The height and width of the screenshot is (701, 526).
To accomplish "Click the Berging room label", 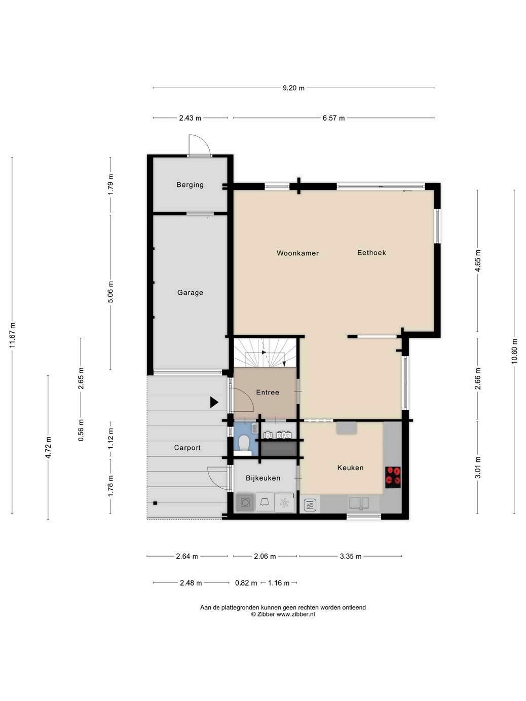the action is click(x=190, y=184).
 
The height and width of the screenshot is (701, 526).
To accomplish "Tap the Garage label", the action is click(x=190, y=293).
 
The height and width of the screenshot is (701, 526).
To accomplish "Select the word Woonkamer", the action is click(x=297, y=253).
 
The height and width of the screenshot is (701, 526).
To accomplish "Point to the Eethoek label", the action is click(x=371, y=253).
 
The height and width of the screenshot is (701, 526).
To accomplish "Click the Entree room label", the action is click(x=268, y=392).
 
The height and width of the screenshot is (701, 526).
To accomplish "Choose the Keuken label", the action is click(x=350, y=468).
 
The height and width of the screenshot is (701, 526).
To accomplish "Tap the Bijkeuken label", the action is click(x=263, y=478).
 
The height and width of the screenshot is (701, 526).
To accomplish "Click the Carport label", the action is click(x=187, y=448).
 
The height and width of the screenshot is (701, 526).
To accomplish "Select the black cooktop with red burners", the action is click(x=393, y=477).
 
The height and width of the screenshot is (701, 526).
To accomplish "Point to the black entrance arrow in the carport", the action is click(x=214, y=402).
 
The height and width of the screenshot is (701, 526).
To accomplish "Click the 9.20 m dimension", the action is click(x=293, y=88).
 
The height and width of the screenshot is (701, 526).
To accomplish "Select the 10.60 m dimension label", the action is click(x=514, y=351).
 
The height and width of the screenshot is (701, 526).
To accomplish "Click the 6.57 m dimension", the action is click(x=333, y=118).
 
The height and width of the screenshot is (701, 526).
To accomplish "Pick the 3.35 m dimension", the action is click(x=350, y=556).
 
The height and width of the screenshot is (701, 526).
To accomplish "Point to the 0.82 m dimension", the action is click(x=246, y=583).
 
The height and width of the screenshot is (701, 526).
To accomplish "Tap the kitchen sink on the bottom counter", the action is click(x=359, y=503).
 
